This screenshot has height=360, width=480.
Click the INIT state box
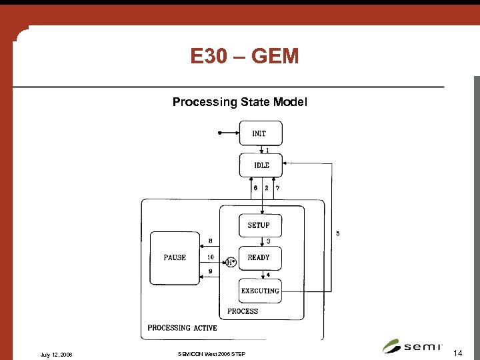[x=261, y=133]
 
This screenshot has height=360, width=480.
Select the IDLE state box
[x=261, y=165]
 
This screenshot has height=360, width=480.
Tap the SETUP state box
[x=259, y=225]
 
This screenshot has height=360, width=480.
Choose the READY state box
[x=259, y=257]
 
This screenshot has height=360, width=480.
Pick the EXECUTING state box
[x=260, y=291]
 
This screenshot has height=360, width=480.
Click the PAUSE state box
[x=175, y=257]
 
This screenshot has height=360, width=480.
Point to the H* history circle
[x=231, y=262]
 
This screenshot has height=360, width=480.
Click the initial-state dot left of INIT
[x=219, y=133]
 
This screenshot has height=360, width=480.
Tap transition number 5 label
[x=337, y=233]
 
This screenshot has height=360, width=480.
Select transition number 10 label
[x=210, y=257]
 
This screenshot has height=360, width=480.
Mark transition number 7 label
[x=277, y=188]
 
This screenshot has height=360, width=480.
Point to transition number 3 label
[x=268, y=241]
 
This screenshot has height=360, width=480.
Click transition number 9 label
[x=210, y=271]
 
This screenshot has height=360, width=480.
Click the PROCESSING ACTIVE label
[x=182, y=327]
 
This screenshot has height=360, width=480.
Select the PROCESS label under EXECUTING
[x=243, y=311]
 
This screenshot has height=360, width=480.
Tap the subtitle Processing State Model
[x=239, y=102]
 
